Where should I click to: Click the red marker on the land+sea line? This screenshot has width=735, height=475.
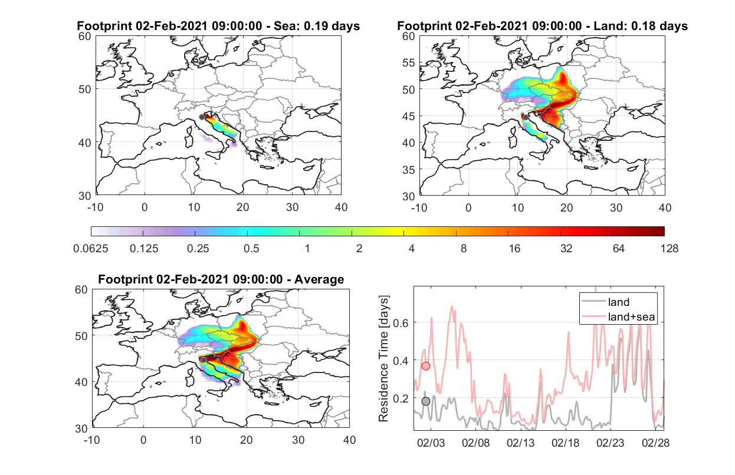[x=425, y=366]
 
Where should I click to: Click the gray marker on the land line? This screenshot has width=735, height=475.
[x=425, y=401]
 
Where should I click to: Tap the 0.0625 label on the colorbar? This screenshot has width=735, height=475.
[x=91, y=249]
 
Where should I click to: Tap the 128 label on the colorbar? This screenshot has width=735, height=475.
[x=670, y=249]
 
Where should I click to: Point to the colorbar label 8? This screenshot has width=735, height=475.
[x=463, y=249]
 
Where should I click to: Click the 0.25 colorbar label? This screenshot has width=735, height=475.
[x=198, y=249]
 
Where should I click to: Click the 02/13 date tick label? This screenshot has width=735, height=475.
[x=521, y=443]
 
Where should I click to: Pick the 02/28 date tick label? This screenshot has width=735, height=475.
[x=655, y=443]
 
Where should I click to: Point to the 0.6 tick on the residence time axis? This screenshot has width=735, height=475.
[x=401, y=323]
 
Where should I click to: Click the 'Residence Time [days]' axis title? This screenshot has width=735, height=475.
[x=383, y=358]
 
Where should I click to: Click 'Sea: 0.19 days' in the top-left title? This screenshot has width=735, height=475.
[x=317, y=26]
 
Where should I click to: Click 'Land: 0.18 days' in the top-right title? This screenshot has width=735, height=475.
[x=641, y=26]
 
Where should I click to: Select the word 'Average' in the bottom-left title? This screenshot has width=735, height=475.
[x=319, y=279]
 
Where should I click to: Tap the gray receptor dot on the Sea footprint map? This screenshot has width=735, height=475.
[x=202, y=117]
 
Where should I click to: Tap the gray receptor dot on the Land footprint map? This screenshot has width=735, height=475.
[x=526, y=117]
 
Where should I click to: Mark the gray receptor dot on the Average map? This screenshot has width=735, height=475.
[x=204, y=360]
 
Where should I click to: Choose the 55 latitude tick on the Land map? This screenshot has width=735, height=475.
[x=409, y=63]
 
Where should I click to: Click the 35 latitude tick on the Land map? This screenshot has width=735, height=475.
[x=409, y=170]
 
